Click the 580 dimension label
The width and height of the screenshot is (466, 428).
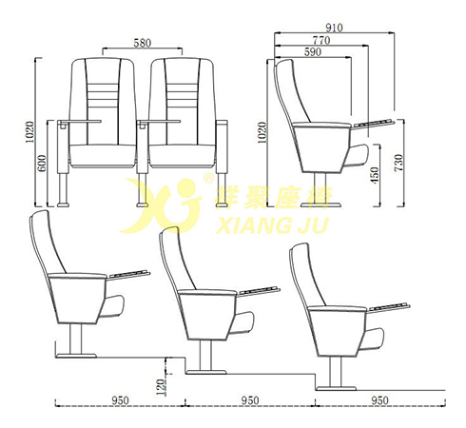pyautogui.click(x=143, y=43)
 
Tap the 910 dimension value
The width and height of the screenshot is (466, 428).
pyautogui.click(x=334, y=28)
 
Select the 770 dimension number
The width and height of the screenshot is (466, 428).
pyautogui.click(x=321, y=40)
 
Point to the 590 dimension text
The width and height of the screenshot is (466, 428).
pyautogui.click(x=313, y=51)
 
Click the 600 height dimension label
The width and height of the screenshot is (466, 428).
pyautogui.click(x=42, y=164)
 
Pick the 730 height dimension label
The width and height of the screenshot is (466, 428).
pyautogui.click(x=398, y=163)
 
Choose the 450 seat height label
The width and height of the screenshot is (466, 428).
pyautogui.click(x=375, y=175)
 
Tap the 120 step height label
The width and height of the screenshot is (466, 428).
pyautogui.click(x=161, y=387)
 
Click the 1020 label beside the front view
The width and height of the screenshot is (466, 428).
pyautogui.click(x=29, y=132)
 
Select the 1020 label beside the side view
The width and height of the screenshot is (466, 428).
pyautogui.click(x=262, y=132)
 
